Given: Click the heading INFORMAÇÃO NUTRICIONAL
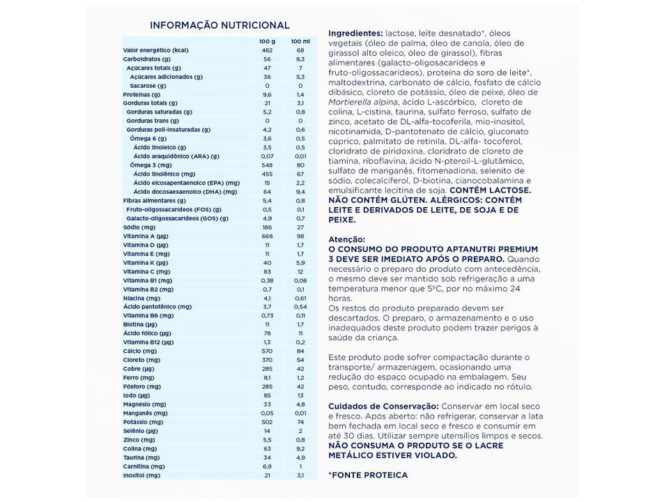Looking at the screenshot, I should [220, 25].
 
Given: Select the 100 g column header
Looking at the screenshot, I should [266, 41].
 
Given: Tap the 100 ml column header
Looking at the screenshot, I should [300, 41].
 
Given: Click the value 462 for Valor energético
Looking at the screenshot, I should [266, 50].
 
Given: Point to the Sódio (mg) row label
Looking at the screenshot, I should [139, 227].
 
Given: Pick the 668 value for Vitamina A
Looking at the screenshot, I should [266, 236].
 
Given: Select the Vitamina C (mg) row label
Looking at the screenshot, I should [146, 272].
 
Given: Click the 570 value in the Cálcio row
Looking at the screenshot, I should [266, 351].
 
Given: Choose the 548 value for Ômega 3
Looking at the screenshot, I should [266, 165].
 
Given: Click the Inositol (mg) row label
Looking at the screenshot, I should [141, 476].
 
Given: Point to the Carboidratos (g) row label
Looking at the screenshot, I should [146, 59].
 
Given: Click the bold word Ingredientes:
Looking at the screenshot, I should [355, 33].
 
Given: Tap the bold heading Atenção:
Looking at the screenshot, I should [346, 238].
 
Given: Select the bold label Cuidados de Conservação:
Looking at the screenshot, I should [383, 406].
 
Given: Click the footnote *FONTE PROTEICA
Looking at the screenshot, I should [368, 475].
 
